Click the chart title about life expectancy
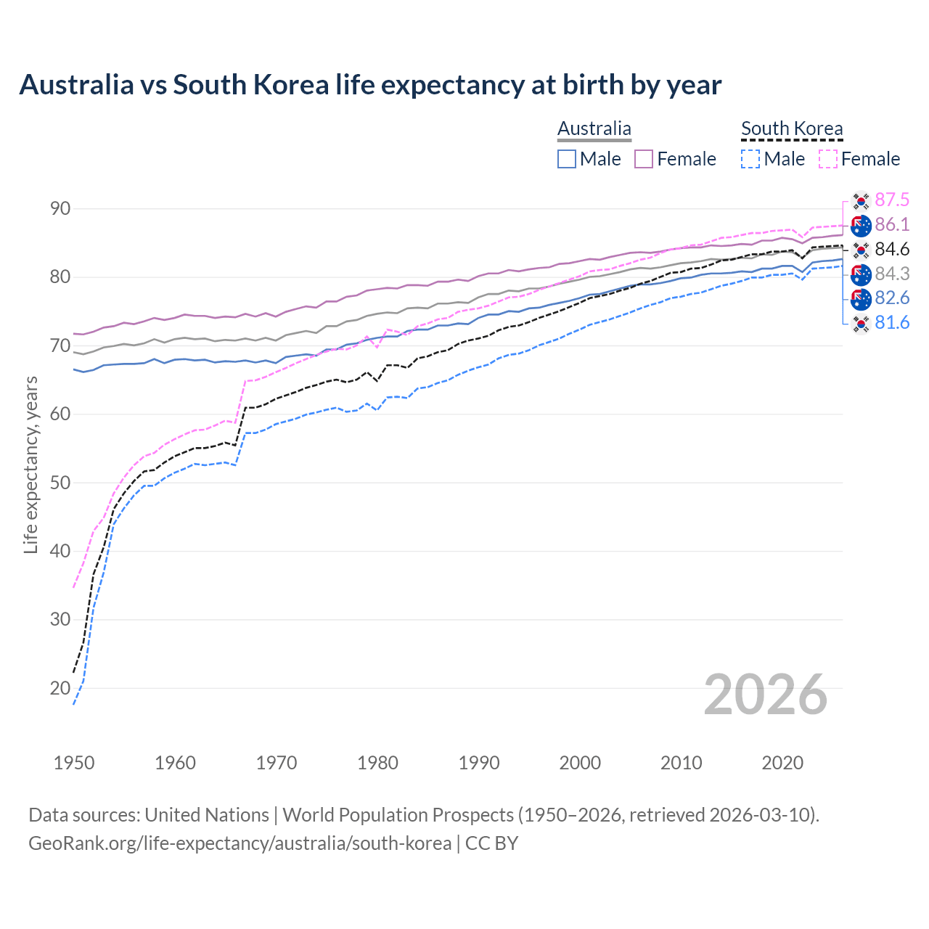370,85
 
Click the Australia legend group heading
594,128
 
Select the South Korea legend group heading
792,128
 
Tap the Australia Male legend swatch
567,159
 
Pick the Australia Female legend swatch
644,159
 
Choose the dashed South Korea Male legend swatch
750,159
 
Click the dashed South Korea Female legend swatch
828,159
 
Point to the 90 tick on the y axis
60,209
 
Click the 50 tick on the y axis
60,483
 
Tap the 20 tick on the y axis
60,688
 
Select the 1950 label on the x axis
74,763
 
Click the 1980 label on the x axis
377,763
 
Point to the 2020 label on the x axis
782,763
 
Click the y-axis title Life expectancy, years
31,464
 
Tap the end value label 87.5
892,200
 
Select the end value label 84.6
892,250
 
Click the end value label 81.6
892,323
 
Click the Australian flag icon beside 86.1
861,226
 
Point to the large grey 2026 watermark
766,695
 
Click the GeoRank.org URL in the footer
240,843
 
